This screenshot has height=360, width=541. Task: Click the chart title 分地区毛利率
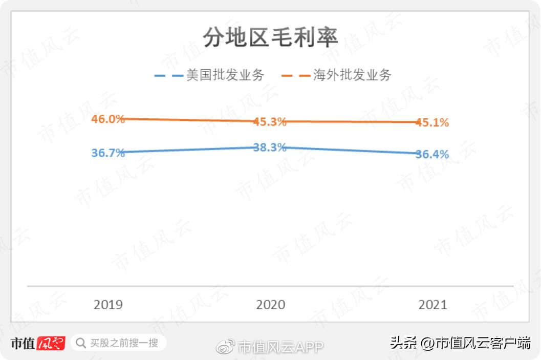(270, 37)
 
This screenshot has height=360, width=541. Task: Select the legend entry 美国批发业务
(225, 75)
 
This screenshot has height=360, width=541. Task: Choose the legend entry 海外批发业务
(353, 75)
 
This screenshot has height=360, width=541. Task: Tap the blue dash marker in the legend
(168, 76)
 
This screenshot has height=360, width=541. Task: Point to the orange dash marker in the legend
(296, 76)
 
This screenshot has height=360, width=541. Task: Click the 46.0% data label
(108, 119)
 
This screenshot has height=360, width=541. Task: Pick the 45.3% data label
(270, 122)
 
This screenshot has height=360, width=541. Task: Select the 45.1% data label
(432, 122)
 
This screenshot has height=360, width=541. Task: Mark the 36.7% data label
(108, 153)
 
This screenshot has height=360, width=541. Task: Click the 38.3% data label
(270, 147)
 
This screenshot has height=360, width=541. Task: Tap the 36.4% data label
(432, 154)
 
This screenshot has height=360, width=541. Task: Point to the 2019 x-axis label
(108, 305)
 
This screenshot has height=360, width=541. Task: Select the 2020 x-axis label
(270, 305)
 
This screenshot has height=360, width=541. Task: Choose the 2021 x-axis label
(432, 305)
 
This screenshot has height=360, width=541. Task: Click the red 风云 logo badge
(51, 343)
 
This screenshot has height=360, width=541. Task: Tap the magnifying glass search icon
(81, 343)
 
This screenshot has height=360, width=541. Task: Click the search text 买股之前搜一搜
(124, 343)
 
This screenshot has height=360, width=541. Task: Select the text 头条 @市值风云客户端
(460, 343)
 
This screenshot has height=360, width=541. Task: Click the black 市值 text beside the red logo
(24, 343)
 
